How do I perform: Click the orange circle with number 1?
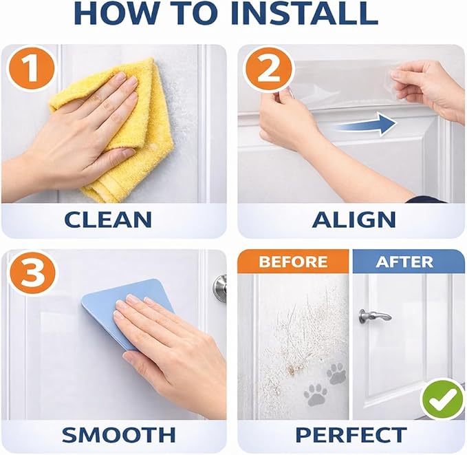[x=32, y=69]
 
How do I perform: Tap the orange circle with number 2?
[x=268, y=70]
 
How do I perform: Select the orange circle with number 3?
[x=32, y=274]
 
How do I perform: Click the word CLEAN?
[x=108, y=220]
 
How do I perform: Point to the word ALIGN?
[x=354, y=220]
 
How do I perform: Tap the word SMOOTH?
[x=118, y=435]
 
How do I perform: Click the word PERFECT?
[x=351, y=435]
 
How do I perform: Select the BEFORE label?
[x=293, y=262]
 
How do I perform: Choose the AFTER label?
[x=404, y=262]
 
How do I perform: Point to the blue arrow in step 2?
[x=366, y=124]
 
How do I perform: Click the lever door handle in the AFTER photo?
[x=374, y=316]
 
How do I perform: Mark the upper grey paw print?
[x=336, y=374]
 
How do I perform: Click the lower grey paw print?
[x=316, y=395]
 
